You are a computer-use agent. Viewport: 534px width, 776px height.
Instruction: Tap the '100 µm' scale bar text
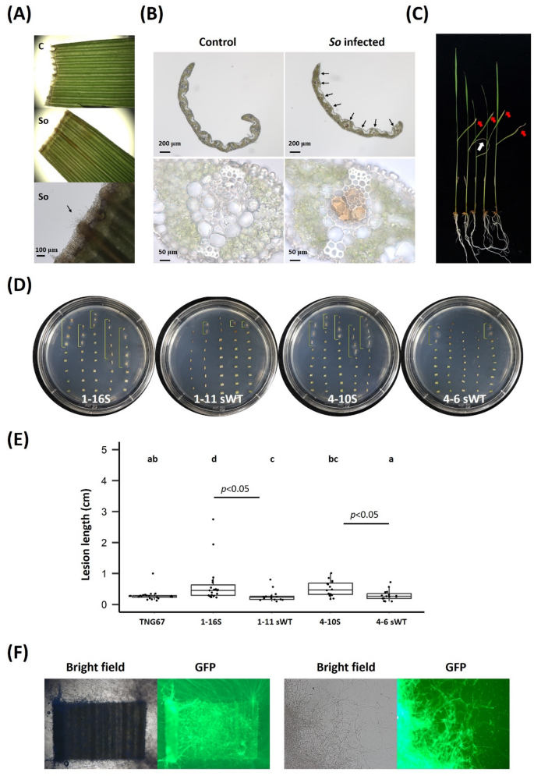55,251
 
